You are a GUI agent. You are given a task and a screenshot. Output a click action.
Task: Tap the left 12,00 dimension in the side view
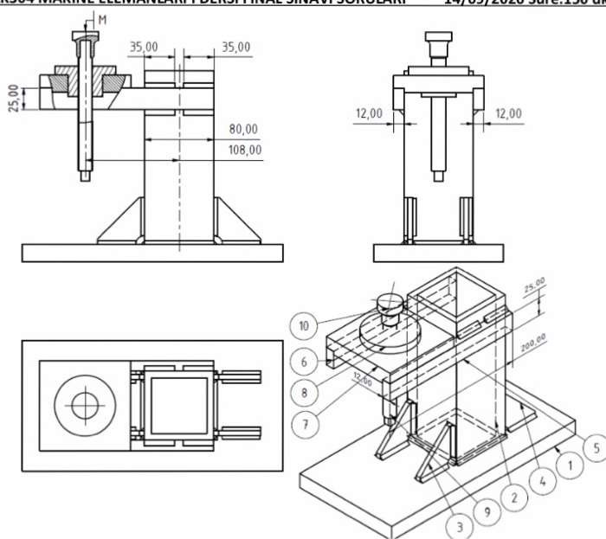(370, 113)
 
